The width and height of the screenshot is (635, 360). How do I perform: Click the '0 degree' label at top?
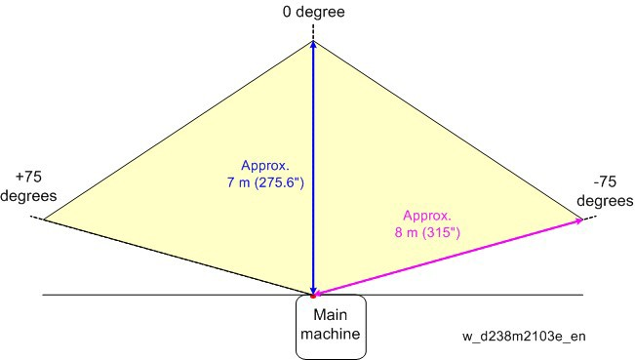[x=313, y=12]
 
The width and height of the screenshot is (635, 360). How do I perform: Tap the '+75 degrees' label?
[x=28, y=186]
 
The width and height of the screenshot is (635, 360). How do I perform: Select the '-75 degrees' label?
[x=605, y=191]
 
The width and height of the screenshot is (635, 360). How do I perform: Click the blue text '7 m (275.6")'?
[x=265, y=182]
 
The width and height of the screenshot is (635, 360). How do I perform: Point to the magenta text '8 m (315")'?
[x=427, y=232]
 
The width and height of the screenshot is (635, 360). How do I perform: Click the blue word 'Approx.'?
[x=265, y=165]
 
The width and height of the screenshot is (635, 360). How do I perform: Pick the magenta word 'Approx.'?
[x=427, y=216]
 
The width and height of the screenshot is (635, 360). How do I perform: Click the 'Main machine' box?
[x=331, y=327]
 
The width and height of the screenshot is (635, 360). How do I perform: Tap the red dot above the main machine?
[x=313, y=297]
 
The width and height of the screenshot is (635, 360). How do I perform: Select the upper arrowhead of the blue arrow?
[x=313, y=45]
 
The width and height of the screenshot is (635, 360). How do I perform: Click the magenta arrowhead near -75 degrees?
[x=578, y=220]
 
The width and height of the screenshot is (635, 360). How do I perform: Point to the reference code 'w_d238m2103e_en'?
[x=524, y=337]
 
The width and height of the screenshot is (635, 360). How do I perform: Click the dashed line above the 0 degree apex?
[x=313, y=32]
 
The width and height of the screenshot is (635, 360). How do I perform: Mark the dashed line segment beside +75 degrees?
[x=37, y=218]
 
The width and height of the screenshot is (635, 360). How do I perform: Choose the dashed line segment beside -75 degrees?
[x=589, y=219]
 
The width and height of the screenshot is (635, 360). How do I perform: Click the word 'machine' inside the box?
[x=331, y=334]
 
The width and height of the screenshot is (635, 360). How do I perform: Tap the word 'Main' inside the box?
[x=331, y=315]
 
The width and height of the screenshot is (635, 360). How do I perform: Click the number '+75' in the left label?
[x=28, y=177]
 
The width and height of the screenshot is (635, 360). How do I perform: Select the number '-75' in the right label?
[x=605, y=181]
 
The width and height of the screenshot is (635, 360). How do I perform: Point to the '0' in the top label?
[x=287, y=12]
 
